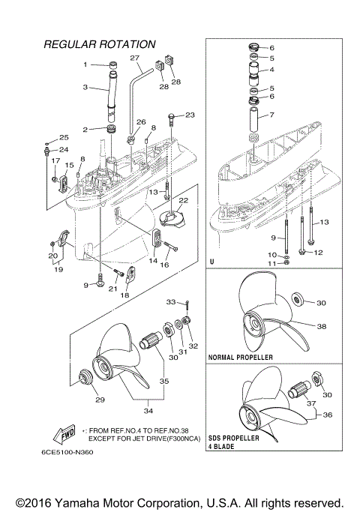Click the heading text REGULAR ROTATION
point(100,45)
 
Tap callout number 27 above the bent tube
point(135,58)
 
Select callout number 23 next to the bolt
point(190,115)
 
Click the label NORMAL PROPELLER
point(241,358)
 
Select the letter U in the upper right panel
point(213,262)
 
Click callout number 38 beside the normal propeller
point(322,327)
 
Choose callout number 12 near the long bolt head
point(318,252)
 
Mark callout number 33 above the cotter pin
point(170,301)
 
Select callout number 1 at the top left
point(85,64)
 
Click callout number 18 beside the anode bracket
point(124,295)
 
